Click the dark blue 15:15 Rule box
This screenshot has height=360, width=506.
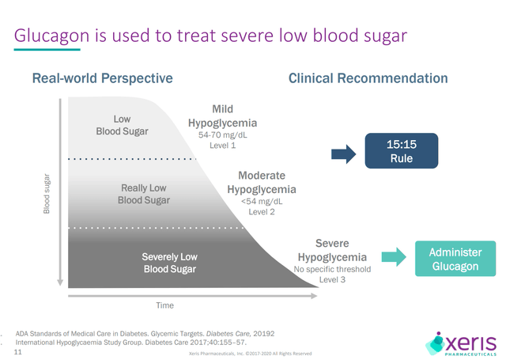tap(399, 150)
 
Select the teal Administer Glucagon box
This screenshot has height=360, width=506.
tap(455, 259)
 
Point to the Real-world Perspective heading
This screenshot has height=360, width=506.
tap(102, 78)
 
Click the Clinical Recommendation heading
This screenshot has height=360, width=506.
tap(368, 78)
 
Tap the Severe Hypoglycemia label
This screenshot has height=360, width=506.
tap(332, 249)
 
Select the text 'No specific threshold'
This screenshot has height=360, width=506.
tap(333, 270)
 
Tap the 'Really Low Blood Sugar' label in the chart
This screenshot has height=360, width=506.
tap(144, 194)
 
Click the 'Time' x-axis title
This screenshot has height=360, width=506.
tap(164, 305)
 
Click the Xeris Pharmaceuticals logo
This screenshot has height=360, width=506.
tap(462, 342)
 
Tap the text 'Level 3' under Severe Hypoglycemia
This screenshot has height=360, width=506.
tap(333, 280)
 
